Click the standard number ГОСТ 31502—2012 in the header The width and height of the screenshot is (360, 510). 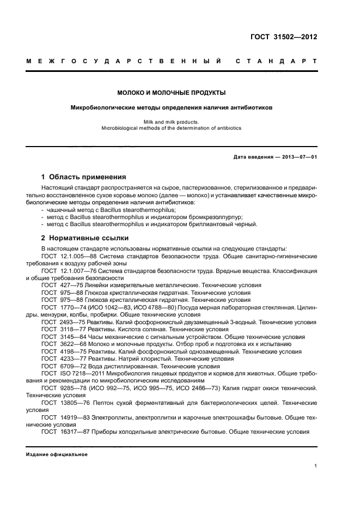[284, 38]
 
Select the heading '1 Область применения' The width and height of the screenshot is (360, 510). [84, 177]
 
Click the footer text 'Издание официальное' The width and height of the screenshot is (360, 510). [57, 454]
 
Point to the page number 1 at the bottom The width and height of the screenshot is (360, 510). [316, 465]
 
